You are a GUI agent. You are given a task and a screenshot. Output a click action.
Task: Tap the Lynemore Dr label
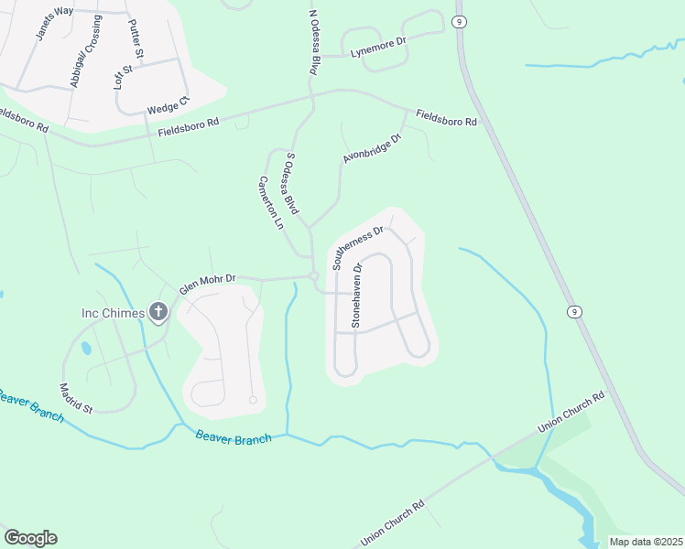[378, 47]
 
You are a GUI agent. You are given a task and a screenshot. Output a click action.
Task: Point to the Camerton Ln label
[272, 202]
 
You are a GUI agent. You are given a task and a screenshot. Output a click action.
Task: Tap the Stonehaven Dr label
[357, 296]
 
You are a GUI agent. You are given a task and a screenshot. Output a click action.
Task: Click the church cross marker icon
[158, 314]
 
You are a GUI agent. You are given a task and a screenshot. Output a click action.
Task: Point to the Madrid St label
[77, 398]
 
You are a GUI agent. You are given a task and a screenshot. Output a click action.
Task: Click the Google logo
[30, 537]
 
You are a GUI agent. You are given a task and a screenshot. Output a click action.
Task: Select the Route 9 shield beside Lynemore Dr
[458, 20]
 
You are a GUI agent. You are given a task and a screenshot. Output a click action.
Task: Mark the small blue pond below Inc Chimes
[85, 349]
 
